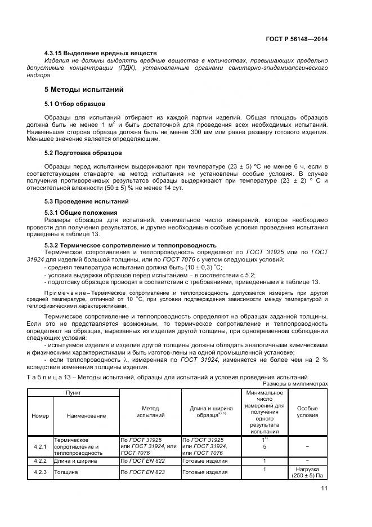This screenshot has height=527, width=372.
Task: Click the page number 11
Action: [x=323, y=496]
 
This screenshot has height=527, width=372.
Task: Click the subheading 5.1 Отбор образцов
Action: [x=75, y=104]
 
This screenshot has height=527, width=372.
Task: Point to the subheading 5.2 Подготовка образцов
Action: [x=83, y=153]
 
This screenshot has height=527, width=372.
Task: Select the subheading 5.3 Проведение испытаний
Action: [x=87, y=201]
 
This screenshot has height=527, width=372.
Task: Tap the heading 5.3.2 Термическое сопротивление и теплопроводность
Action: [x=131, y=245]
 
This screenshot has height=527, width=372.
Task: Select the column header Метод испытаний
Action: [x=150, y=411]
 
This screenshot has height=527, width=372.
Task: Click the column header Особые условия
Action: [x=307, y=411]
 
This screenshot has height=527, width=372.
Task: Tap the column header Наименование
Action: [x=86, y=415]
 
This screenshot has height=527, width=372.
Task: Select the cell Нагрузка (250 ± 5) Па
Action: [x=307, y=472]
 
